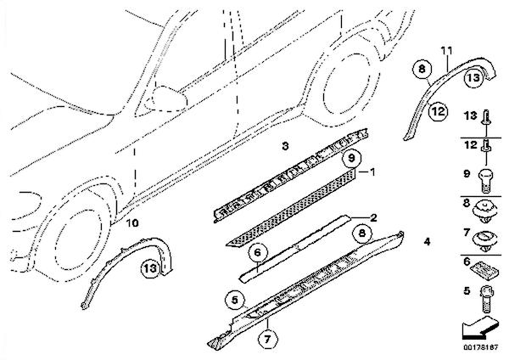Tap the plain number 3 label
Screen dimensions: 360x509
tap(286, 147)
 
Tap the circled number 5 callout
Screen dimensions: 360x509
tap(235, 298)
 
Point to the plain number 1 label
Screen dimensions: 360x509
tap(366, 171)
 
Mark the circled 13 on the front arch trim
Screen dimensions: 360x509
tap(149, 268)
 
